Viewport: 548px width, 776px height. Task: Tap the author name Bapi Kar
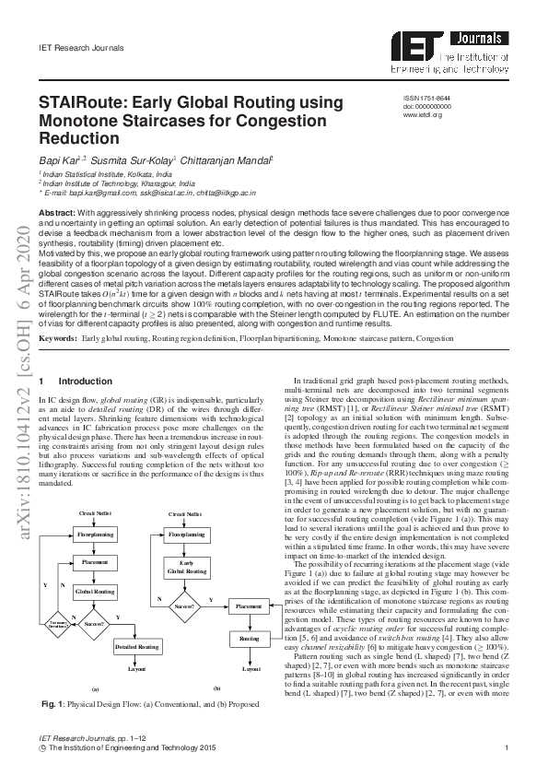coord(57,159)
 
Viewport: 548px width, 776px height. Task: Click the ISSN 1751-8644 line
coord(427,98)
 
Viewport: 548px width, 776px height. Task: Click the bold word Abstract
coord(57,213)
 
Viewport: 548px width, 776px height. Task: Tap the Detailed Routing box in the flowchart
coord(137,647)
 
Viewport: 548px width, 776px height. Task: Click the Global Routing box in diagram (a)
coord(95,590)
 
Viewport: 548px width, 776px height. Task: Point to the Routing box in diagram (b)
coord(249,638)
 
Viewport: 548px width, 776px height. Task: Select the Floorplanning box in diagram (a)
coord(95,534)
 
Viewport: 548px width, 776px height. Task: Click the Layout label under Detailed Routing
coord(137,669)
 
